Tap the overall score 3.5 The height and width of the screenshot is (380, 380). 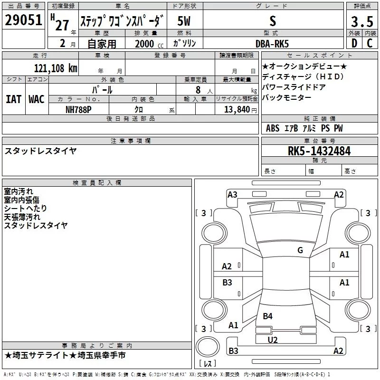[361, 21]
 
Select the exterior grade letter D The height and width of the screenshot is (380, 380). [354, 43]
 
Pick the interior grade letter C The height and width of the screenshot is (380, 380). [370, 43]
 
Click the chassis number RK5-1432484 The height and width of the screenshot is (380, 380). [319, 151]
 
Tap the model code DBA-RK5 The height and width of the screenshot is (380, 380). [272, 43]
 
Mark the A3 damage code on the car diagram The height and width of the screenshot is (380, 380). [232, 194]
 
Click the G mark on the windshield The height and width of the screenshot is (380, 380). [300, 250]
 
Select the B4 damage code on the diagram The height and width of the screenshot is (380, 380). [267, 316]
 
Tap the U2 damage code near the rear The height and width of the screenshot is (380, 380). [272, 339]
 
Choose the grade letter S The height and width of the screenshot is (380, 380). [272, 20]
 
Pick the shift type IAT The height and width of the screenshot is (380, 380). [13, 99]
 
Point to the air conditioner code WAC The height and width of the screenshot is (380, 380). [36, 99]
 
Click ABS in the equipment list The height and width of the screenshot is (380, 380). [273, 128]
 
